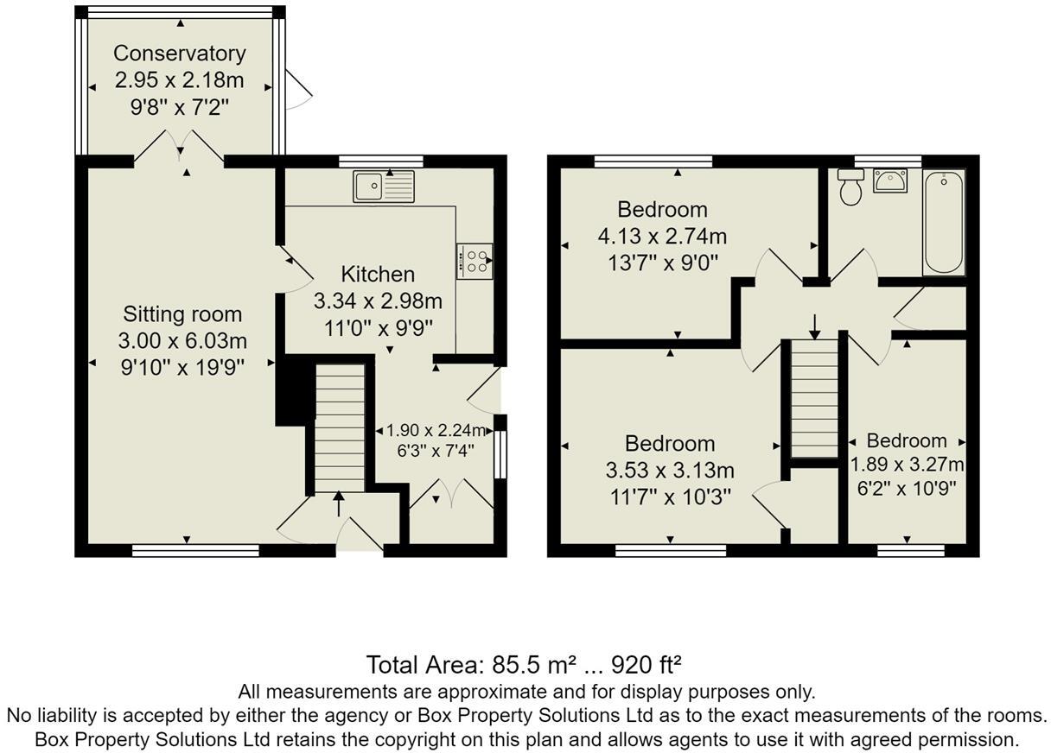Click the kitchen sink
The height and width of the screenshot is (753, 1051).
point(384,187)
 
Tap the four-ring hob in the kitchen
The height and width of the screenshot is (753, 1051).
point(475,261)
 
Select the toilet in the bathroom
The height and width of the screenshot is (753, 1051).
point(850,187)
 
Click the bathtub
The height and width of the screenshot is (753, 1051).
point(944,223)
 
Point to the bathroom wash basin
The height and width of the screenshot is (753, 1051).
point(890,181)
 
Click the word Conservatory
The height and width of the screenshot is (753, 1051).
point(180,54)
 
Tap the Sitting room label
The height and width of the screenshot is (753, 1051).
point(182,314)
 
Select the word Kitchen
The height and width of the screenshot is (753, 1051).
point(378,275)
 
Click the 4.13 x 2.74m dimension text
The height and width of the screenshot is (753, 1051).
point(662,236)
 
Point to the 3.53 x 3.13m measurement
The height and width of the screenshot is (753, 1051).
point(670,470)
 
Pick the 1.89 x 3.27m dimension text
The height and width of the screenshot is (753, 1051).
point(907,465)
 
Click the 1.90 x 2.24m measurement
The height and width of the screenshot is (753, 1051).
point(436,430)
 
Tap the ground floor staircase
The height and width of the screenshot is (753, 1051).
point(340,427)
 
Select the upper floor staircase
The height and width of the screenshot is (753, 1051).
point(814,398)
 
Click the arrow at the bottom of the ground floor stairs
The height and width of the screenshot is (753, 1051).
point(338,503)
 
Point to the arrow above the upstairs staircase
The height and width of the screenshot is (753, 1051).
point(815,326)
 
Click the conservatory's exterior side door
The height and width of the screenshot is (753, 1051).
point(298,90)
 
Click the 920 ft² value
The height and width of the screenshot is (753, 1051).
point(647,664)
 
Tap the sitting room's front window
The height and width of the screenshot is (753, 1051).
point(195,550)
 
